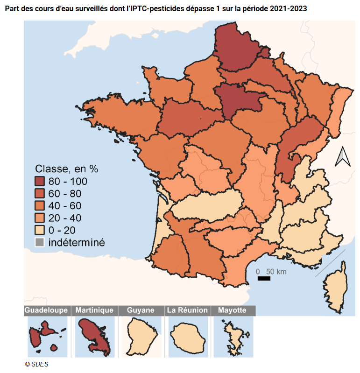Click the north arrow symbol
(x=342, y=157)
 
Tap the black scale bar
(x=264, y=279)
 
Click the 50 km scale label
(x=276, y=271)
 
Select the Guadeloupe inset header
(x=47, y=310)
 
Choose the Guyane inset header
(x=141, y=310)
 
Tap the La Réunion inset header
(x=187, y=310)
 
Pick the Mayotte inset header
(x=232, y=310)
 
